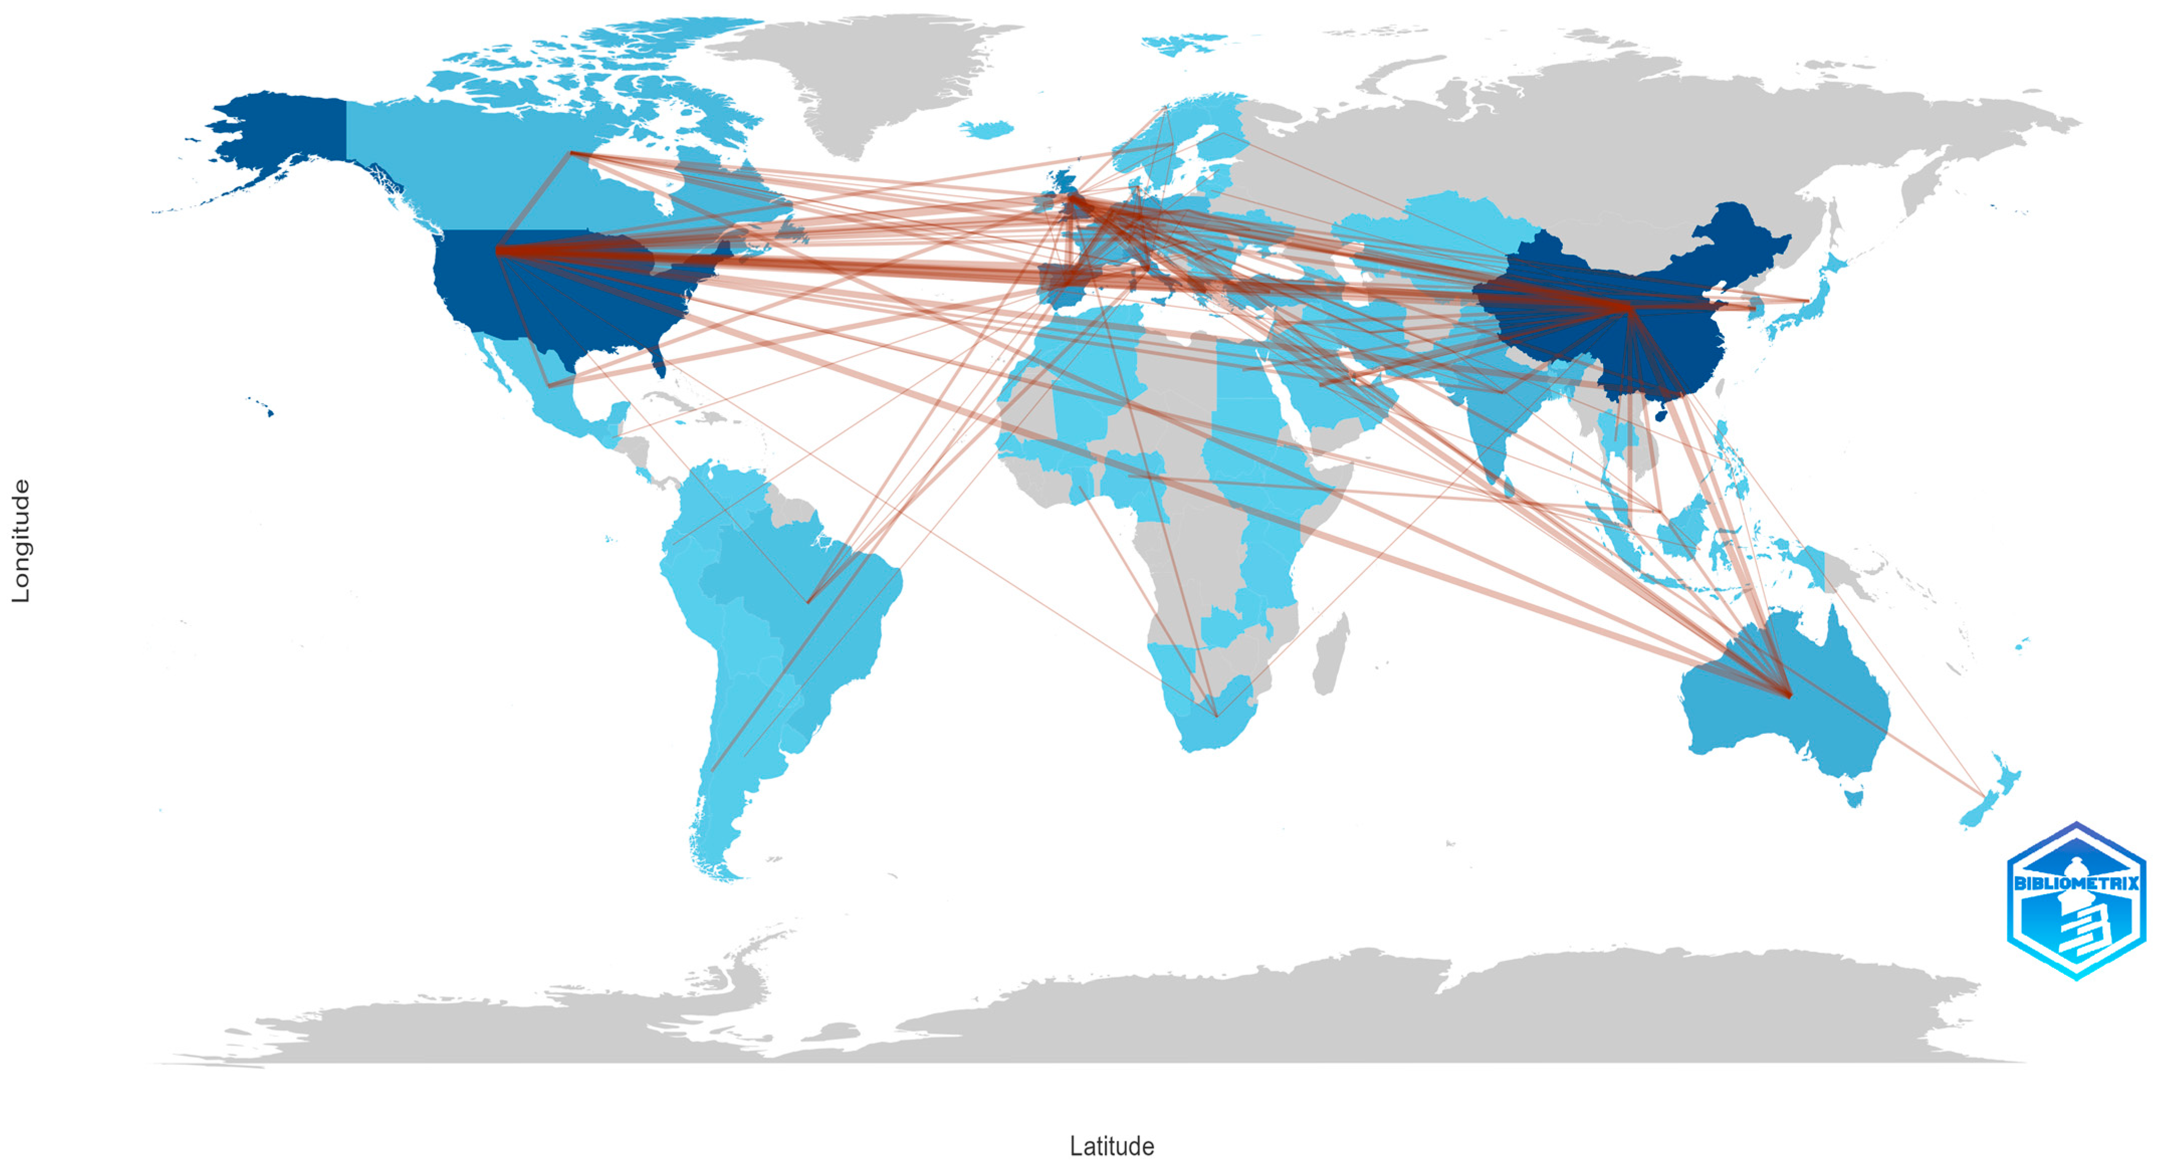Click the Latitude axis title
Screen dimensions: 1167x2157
(1111, 1146)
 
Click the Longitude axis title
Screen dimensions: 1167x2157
(20, 541)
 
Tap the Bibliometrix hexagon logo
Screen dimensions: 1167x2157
(2075, 901)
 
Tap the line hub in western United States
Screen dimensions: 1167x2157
(499, 250)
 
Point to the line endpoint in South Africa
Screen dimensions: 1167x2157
(1215, 716)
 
